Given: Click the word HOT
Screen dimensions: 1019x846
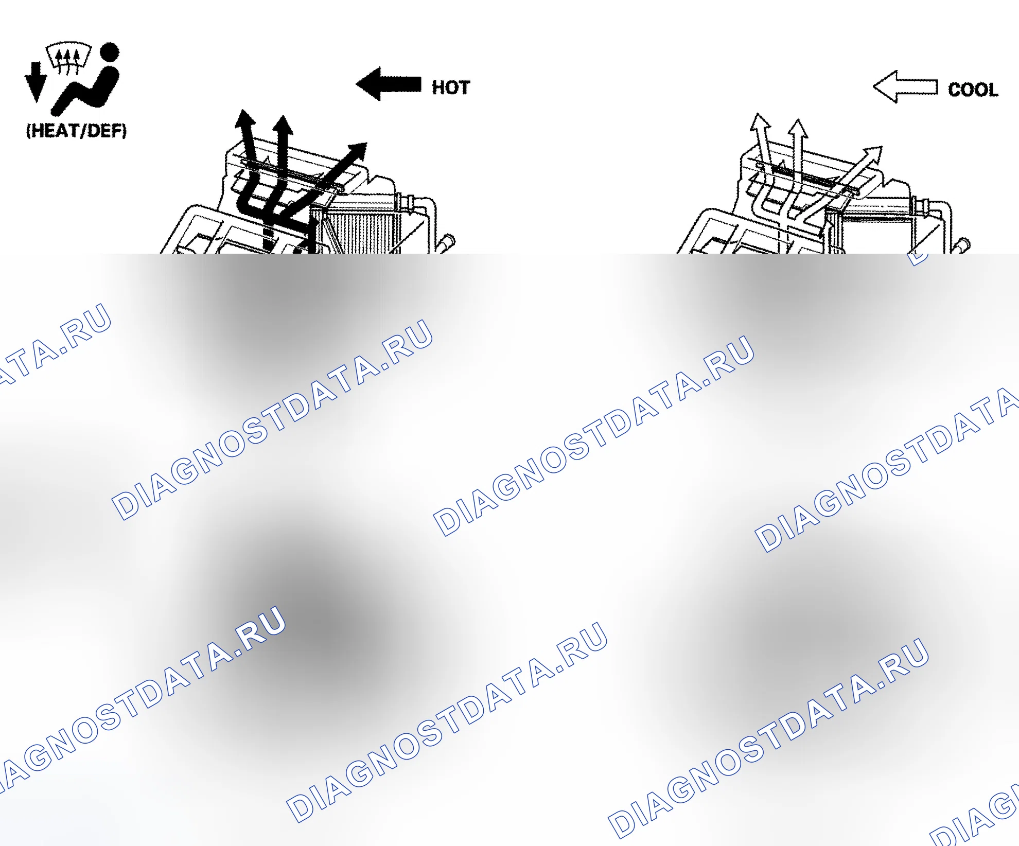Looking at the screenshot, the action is pyautogui.click(x=451, y=87).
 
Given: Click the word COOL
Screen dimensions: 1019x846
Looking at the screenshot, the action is pyautogui.click(x=973, y=90).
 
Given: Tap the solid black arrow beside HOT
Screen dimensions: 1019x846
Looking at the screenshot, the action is pyautogui.click(x=389, y=84).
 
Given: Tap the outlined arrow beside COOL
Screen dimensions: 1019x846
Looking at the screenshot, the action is pyautogui.click(x=905, y=87).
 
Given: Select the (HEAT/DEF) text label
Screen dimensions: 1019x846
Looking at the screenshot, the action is pyautogui.click(x=76, y=131).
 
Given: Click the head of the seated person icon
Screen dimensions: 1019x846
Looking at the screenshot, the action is pyautogui.click(x=110, y=52).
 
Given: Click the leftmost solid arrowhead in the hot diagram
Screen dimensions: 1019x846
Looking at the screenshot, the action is pyautogui.click(x=244, y=119).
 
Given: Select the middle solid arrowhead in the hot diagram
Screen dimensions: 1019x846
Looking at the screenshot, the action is pyautogui.click(x=283, y=125).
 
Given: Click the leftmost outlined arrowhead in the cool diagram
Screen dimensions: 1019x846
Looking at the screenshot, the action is pyautogui.click(x=760, y=122).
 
